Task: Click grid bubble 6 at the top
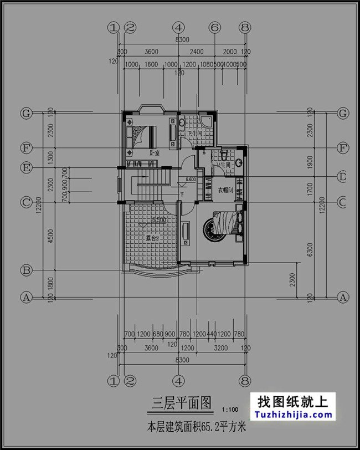[215, 27]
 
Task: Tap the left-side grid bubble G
[25, 113]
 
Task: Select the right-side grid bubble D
[343, 177]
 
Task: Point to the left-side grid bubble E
[25, 167]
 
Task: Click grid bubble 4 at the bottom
[178, 381]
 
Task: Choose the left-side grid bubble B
[25, 270]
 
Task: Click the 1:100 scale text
[230, 410]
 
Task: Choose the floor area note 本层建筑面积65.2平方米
[196, 428]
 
